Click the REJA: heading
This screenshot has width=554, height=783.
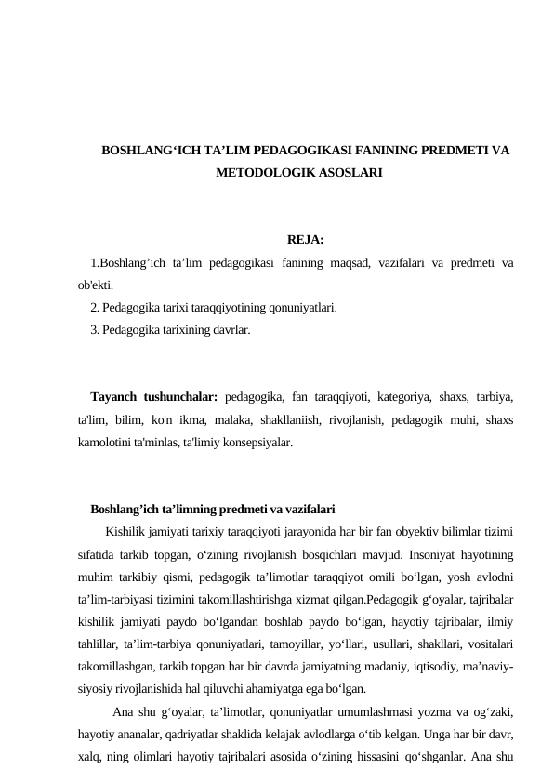pyautogui.click(x=306, y=240)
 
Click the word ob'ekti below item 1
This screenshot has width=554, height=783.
pyautogui.click(x=96, y=285)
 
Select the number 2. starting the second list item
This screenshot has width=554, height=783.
pyautogui.click(x=96, y=307)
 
